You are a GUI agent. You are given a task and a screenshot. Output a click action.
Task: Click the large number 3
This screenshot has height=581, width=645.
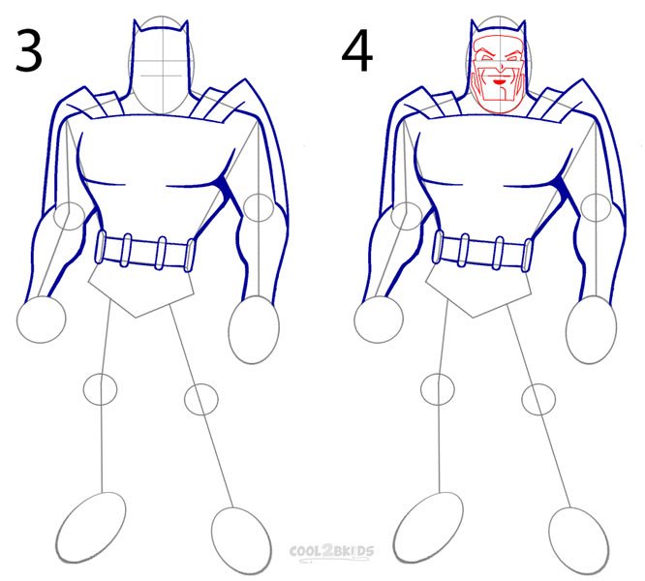click(x=29, y=51)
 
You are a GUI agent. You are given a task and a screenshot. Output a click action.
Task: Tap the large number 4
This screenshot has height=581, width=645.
click(x=357, y=51)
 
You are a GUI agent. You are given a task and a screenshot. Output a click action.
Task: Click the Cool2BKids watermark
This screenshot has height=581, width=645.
click(x=331, y=551)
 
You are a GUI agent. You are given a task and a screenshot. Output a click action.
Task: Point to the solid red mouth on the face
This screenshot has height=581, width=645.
click(x=501, y=82)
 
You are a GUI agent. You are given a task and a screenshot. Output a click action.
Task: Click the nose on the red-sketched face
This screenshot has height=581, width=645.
click(x=501, y=68)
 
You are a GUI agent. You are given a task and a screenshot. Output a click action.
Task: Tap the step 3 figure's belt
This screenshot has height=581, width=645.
click(x=145, y=251)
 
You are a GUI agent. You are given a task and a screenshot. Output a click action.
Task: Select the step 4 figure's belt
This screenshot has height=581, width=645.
click(x=482, y=251)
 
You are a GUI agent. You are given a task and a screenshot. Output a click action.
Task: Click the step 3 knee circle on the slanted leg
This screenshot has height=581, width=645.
click(x=200, y=399)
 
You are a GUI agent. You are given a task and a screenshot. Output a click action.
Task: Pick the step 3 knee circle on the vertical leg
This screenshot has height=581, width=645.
click(x=101, y=389)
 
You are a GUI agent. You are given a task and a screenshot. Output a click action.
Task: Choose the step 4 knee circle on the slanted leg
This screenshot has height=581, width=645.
click(x=538, y=399)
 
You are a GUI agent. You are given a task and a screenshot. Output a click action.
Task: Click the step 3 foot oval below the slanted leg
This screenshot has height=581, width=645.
click(x=241, y=541)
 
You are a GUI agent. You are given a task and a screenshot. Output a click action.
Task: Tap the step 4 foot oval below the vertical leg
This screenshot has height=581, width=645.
click(x=428, y=528)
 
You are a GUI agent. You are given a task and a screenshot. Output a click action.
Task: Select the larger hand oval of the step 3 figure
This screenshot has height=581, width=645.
click(x=254, y=330)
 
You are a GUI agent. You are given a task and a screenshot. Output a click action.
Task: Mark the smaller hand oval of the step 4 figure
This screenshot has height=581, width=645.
click(x=379, y=320)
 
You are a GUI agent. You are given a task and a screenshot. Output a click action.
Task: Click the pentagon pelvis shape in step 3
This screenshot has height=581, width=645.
click(x=141, y=290)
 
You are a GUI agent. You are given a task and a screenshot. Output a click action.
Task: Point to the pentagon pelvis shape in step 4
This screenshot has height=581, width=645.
click(x=478, y=290)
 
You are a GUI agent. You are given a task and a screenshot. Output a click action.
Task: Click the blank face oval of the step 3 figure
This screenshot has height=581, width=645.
click(x=162, y=66)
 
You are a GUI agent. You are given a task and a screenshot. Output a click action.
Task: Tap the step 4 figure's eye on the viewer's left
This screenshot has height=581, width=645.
click(x=487, y=57)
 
